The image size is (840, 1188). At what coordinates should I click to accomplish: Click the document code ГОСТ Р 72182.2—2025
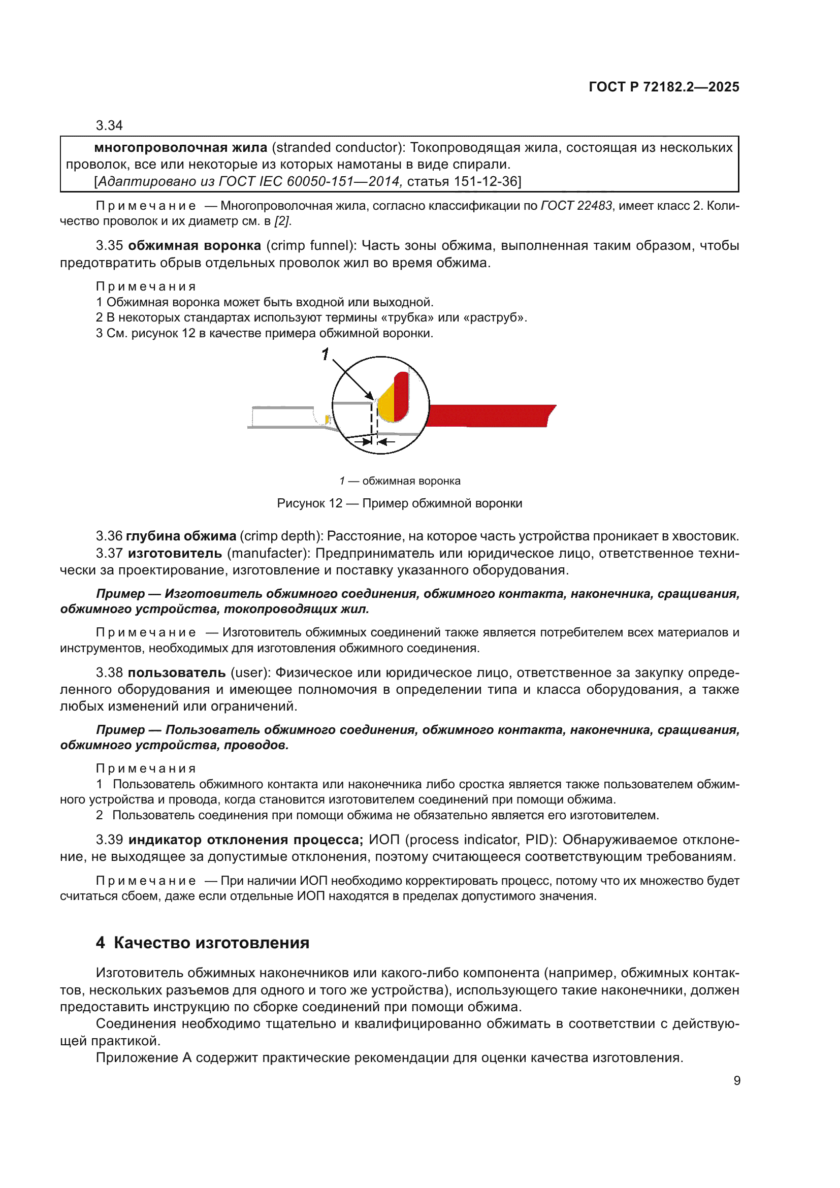(x=664, y=87)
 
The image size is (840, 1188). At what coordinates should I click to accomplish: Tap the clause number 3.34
(x=109, y=125)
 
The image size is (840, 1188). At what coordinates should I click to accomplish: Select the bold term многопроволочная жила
(x=180, y=147)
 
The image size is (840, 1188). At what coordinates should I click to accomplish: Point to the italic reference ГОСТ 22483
(x=576, y=205)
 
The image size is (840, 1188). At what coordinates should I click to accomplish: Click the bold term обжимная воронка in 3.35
(x=195, y=245)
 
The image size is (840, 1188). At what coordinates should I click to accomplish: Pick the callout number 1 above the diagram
(x=325, y=355)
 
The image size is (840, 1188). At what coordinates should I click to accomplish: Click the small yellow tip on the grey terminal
(x=327, y=419)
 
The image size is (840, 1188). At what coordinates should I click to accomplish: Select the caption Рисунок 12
(x=309, y=503)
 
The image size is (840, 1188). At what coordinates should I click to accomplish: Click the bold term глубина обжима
(x=180, y=536)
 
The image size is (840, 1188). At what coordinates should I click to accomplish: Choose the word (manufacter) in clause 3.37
(x=269, y=553)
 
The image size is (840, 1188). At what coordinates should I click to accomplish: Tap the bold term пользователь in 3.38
(x=176, y=672)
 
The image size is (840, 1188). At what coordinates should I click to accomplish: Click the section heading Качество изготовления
(x=211, y=943)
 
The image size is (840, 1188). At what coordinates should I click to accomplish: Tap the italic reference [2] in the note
(x=282, y=221)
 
